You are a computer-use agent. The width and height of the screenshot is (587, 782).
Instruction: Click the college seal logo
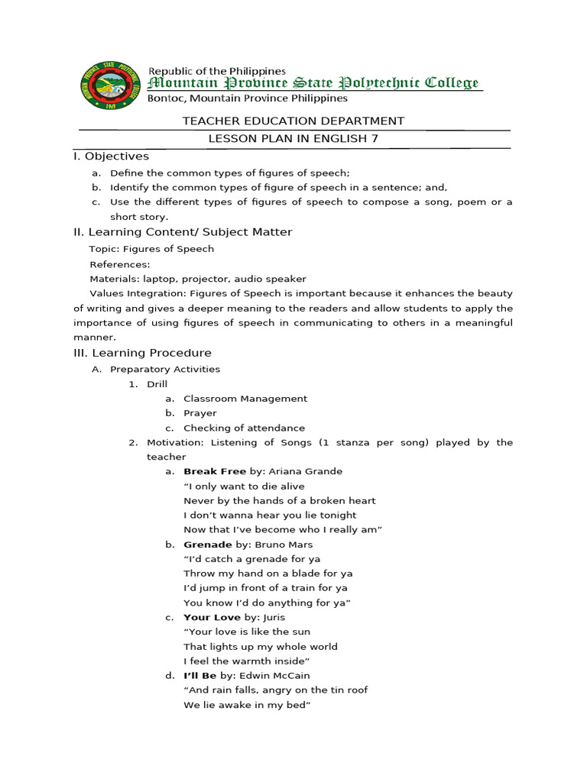[110, 85]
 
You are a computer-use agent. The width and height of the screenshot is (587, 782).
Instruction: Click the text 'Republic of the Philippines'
[216, 71]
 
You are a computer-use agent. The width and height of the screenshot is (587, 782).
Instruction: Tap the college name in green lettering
[313, 83]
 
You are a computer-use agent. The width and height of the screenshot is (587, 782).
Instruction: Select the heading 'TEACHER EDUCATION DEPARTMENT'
[293, 121]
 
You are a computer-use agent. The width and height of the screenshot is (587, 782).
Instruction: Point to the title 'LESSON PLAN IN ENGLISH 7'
[293, 138]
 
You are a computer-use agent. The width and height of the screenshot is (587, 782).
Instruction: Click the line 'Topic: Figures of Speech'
[151, 249]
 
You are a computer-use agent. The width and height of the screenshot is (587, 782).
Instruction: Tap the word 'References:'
[120, 264]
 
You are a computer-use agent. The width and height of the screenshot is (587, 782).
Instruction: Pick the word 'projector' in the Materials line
[206, 279]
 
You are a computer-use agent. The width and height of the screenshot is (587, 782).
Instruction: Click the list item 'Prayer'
[200, 413]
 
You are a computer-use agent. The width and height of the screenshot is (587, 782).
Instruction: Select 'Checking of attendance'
[244, 428]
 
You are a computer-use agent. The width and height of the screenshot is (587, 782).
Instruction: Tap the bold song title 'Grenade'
[207, 544]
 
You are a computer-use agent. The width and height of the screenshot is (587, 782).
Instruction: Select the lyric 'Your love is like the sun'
[247, 632]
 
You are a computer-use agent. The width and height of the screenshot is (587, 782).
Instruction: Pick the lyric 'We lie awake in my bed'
[246, 705]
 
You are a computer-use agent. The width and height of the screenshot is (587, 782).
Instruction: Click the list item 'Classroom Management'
[245, 399]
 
